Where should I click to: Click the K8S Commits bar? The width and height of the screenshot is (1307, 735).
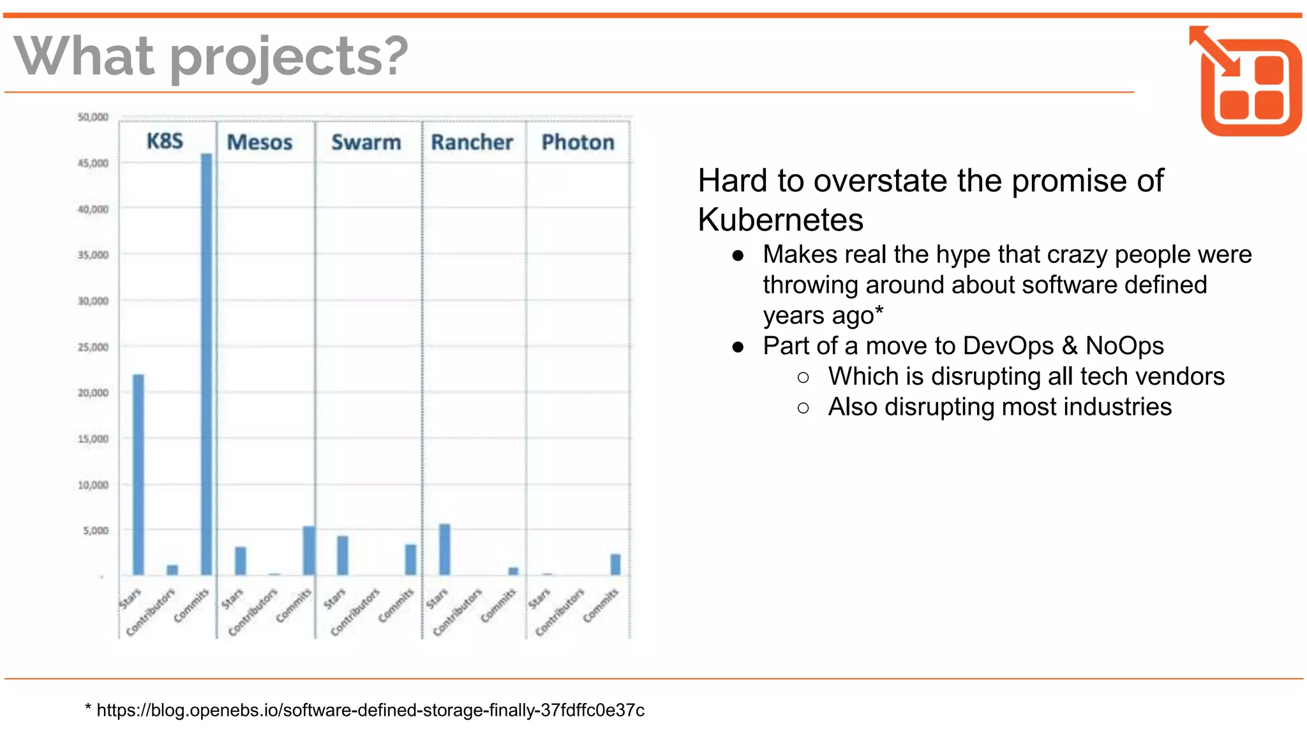207,364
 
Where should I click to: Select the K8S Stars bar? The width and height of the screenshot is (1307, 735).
138,475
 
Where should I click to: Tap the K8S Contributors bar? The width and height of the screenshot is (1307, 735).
172,570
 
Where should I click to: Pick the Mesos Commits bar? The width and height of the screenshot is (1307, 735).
309,551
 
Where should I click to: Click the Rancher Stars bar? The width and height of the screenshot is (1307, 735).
445,549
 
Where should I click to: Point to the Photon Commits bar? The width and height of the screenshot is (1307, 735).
615,565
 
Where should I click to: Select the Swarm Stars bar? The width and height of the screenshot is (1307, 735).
343,555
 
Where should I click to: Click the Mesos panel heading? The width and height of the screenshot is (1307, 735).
260,142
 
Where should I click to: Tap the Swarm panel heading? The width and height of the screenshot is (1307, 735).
366,142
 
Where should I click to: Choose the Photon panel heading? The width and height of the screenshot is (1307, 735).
578,142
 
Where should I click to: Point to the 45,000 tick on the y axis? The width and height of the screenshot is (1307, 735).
93,163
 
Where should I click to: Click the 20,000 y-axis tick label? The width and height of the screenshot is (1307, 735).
93,393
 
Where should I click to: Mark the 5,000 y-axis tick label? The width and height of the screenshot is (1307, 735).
96,531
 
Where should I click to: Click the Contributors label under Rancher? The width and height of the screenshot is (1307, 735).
458,612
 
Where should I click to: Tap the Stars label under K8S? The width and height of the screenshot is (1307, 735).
130,599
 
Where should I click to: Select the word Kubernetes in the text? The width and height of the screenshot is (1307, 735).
780,220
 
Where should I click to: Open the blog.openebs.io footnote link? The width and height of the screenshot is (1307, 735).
370,710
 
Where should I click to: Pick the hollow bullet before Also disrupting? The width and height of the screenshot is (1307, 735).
803,408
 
